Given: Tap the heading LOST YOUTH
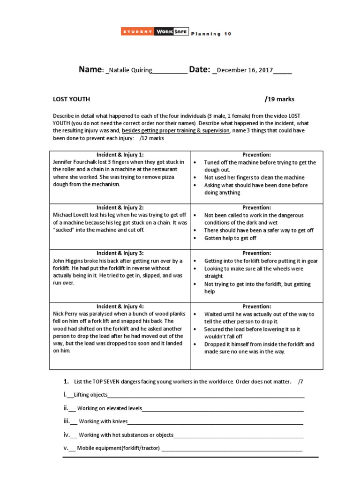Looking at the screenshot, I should [x=71, y=99].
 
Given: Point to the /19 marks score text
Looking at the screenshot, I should [x=279, y=99].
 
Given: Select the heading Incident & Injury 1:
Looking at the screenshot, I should [x=120, y=155].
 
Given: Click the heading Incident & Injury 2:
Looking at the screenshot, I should [x=120, y=208].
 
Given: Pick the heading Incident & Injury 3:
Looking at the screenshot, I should [x=120, y=253].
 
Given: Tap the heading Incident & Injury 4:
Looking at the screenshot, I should [x=120, y=306].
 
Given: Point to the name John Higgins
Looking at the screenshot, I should [x=68, y=261].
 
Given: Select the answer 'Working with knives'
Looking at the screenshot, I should [x=103, y=421].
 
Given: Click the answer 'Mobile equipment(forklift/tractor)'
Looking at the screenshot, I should [x=118, y=448].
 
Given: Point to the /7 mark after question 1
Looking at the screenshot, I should [x=300, y=381].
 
